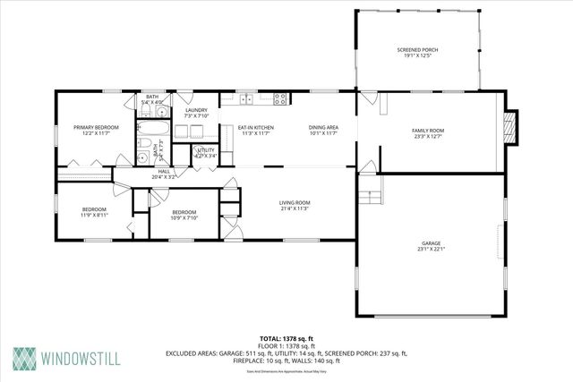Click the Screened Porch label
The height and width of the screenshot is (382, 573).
pos(417,54)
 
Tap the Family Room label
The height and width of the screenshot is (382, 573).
pos(428,133)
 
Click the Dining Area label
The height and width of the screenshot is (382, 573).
pos(323,131)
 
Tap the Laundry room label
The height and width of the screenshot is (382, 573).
pos(196,113)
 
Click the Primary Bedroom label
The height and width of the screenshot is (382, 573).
pos(96,131)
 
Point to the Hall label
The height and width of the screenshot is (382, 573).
pos(164,174)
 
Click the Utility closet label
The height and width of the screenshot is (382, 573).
pos(206,153)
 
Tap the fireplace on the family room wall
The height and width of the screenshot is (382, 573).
pos(510,128)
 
